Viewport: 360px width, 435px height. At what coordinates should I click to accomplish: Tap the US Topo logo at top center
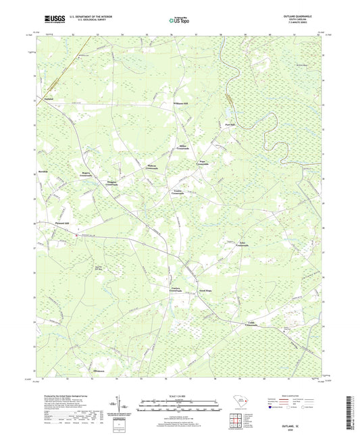[x=178, y=21]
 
